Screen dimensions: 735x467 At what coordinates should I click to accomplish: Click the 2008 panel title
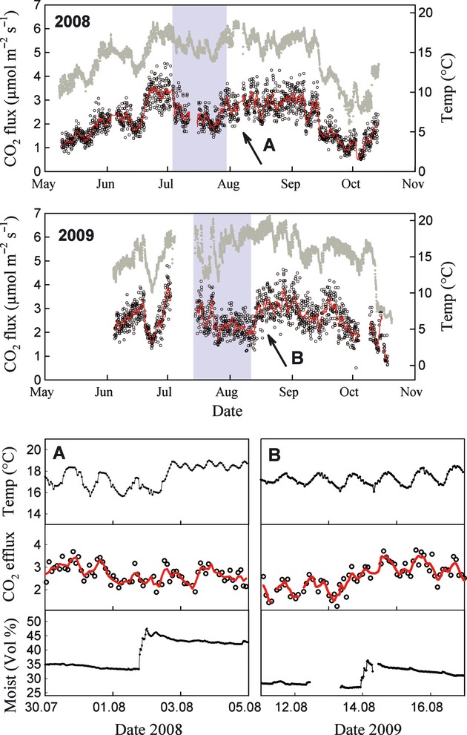[73, 22]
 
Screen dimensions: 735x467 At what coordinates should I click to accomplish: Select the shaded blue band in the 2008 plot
[199, 88]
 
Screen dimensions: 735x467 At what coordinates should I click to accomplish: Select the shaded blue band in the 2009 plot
[222, 297]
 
